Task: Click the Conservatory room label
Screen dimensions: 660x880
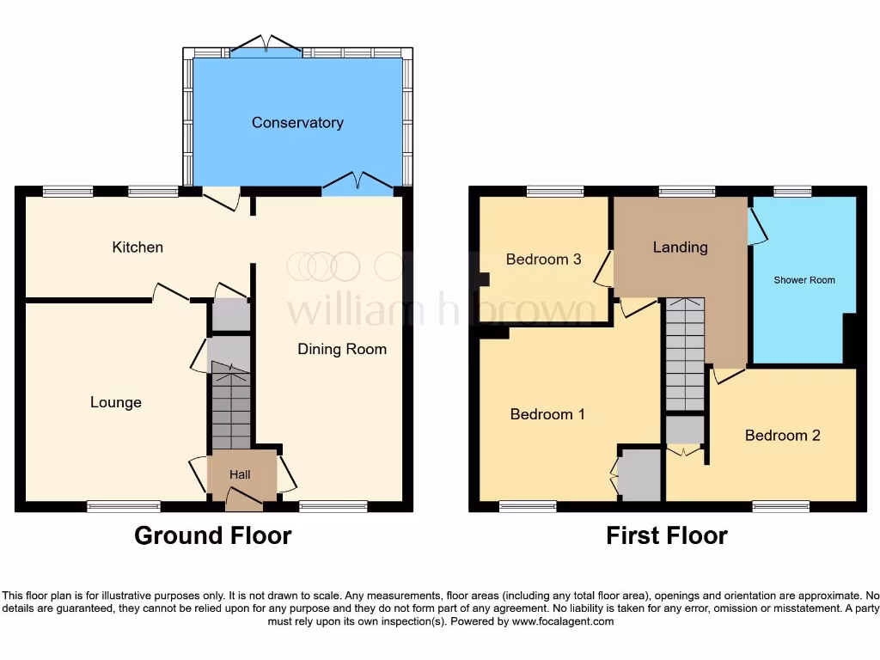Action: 297,123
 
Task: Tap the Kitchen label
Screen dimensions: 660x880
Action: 137,247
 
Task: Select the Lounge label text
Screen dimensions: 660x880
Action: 116,402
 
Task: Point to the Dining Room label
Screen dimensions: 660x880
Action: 342,349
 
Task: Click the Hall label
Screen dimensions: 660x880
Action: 240,474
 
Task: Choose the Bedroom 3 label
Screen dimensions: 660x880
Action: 543,259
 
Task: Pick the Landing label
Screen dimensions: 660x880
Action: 680,247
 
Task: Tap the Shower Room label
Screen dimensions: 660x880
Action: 804,280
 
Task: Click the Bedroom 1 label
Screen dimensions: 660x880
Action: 547,414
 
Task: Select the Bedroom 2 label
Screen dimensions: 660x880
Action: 782,436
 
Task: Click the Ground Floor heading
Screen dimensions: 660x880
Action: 213,535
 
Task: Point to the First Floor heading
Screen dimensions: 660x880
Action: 667,535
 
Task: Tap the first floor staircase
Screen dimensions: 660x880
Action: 684,357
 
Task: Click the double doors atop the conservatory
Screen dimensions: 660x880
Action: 265,46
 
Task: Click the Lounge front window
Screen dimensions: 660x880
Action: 124,507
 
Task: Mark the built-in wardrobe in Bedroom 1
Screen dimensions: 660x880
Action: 641,475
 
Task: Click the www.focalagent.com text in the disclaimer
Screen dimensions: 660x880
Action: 562,621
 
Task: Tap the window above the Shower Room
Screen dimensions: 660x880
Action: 792,191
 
